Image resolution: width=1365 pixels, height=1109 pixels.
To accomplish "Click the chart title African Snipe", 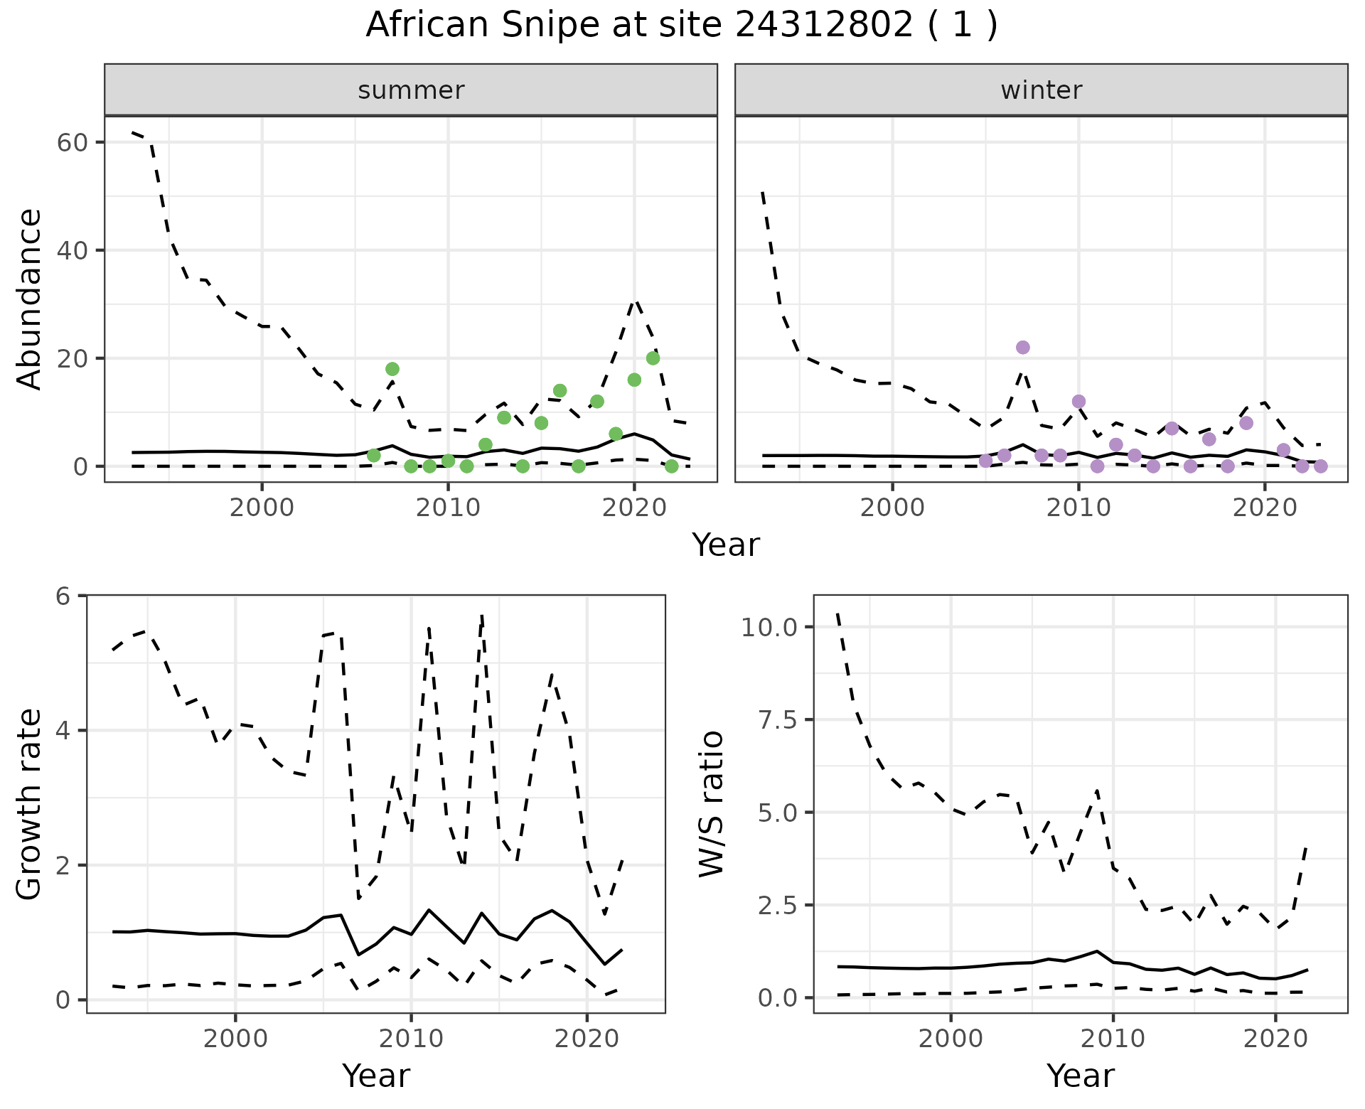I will tap(681, 26).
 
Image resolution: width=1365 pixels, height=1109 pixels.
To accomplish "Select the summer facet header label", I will tap(411, 90).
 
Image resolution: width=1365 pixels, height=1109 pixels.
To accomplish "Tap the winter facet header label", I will tap(1041, 90).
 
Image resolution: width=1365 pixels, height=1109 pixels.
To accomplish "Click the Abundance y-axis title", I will tap(30, 299).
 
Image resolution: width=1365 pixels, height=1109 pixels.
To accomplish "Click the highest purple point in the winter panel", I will tap(1022, 348).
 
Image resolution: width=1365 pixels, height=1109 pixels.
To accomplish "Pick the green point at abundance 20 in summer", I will tap(653, 358).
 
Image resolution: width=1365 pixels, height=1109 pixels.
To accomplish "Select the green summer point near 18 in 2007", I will tap(392, 369).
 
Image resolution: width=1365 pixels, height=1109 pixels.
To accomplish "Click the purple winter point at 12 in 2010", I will tap(1078, 402).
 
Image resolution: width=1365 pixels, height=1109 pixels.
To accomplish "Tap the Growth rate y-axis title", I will tap(30, 804).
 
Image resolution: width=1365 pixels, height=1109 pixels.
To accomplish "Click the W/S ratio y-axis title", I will tap(712, 804).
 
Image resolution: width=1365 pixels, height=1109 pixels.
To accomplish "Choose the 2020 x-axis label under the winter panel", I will tap(1265, 508).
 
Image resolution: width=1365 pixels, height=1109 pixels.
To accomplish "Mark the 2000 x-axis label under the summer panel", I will tap(262, 508).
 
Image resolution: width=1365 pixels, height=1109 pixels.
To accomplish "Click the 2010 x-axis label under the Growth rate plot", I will tap(410, 1039).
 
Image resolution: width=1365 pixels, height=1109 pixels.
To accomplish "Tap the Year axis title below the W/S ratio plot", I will tap(1080, 1076).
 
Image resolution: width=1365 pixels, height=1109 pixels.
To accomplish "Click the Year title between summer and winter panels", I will tap(726, 545).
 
